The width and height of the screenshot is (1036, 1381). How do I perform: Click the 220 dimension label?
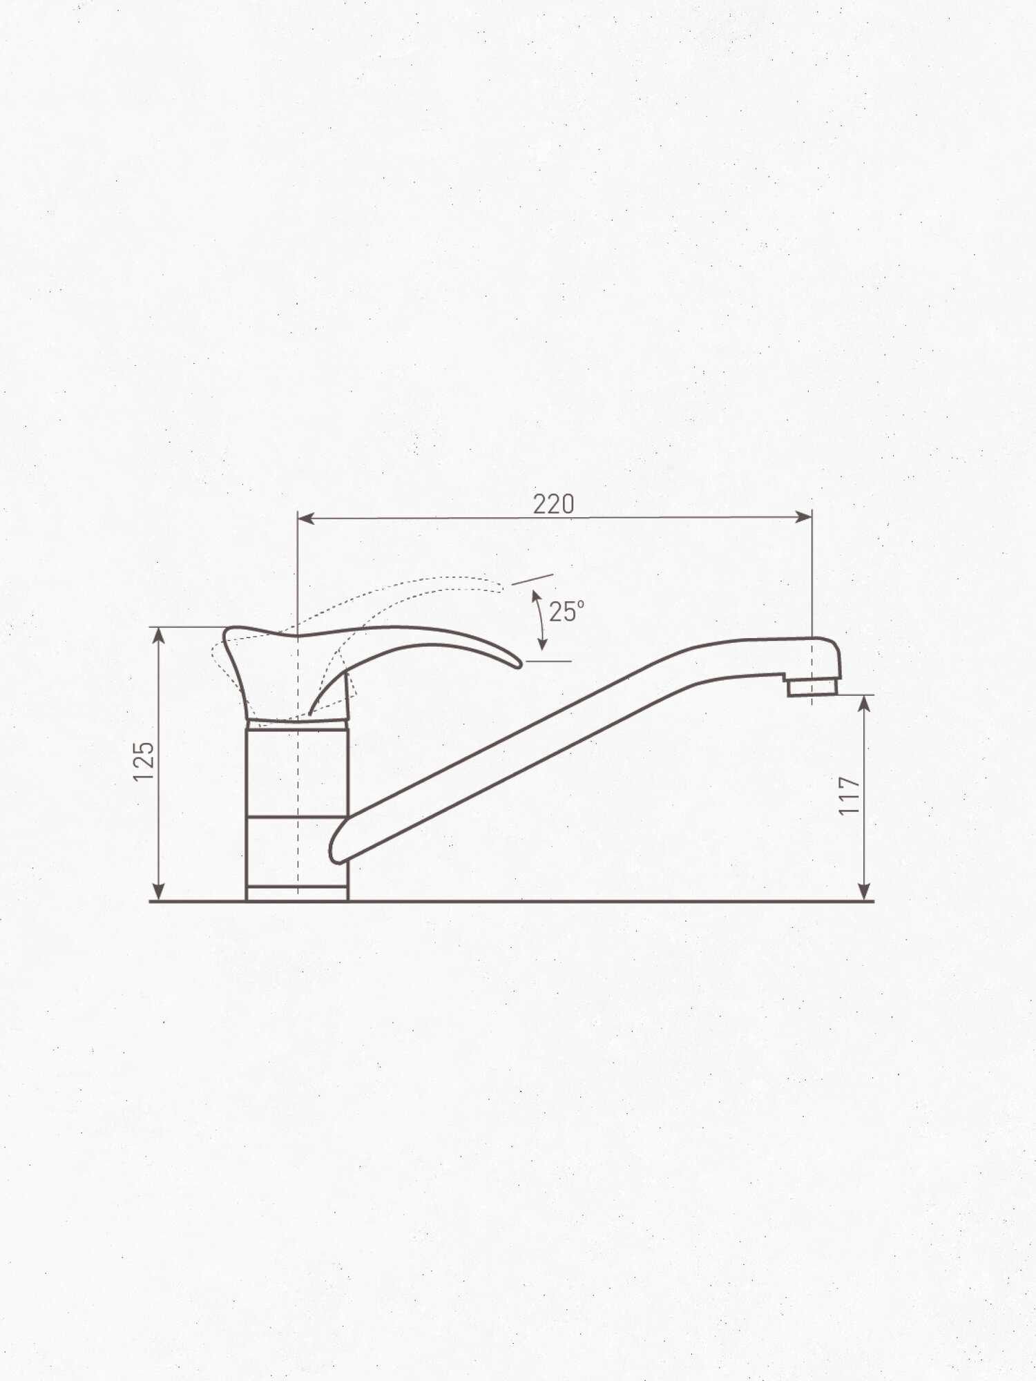[x=553, y=504]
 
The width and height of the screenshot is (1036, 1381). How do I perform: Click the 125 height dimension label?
[x=144, y=762]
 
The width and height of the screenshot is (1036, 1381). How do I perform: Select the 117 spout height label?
[x=849, y=796]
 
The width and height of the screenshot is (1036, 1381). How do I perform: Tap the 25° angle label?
[x=566, y=612]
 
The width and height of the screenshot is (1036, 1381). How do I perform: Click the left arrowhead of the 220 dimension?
[x=306, y=518]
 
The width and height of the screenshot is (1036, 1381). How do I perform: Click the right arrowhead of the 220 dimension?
[x=804, y=516]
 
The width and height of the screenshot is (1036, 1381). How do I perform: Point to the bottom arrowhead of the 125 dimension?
[x=160, y=892]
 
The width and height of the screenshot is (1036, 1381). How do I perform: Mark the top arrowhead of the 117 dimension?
[x=864, y=704]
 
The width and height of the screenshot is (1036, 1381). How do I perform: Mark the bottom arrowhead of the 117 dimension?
[x=864, y=892]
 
